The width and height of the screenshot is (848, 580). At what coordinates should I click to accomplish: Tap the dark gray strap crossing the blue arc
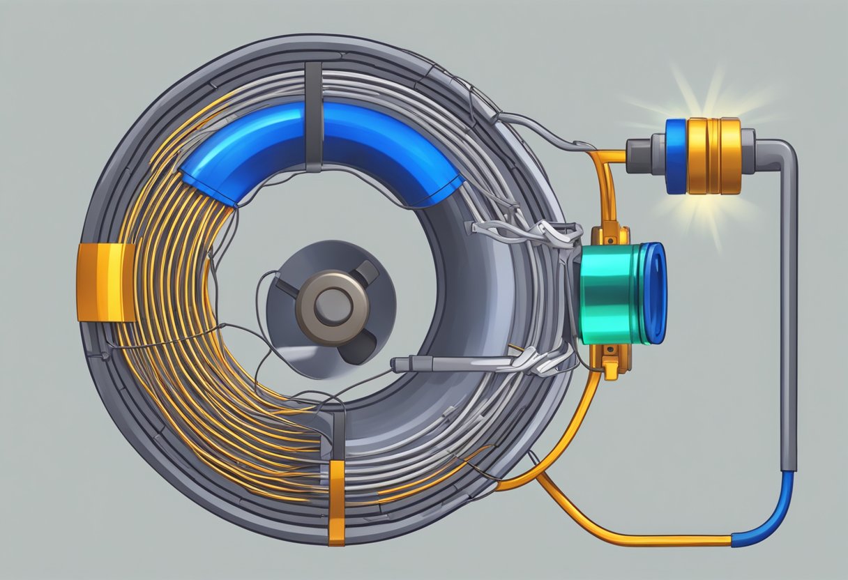click(x=314, y=115)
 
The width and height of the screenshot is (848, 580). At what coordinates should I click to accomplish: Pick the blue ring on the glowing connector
click(x=676, y=155)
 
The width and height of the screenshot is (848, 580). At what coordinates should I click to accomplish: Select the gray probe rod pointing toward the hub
click(x=446, y=363)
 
